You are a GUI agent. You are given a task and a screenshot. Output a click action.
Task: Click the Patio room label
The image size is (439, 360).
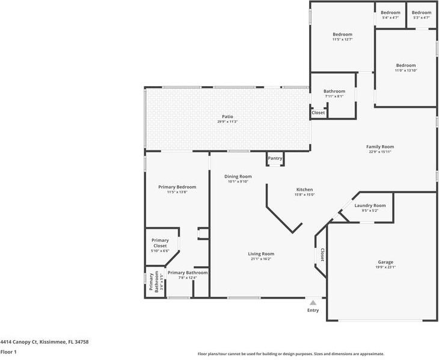click(227, 117)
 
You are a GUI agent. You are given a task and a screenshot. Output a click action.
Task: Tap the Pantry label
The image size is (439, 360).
click(275, 158)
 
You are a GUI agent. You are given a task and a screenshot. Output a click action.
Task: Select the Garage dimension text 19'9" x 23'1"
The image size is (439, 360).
click(385, 267)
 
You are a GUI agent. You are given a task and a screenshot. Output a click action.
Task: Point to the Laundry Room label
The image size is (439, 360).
click(370, 205)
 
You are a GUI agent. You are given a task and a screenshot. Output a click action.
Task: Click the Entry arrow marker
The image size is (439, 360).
click(313, 302)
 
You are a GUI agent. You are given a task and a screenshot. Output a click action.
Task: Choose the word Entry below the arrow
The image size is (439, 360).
click(313, 310)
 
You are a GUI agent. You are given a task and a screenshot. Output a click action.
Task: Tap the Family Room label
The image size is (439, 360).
click(380, 146)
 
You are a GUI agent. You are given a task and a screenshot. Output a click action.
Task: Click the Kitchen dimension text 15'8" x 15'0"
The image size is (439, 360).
click(304, 194)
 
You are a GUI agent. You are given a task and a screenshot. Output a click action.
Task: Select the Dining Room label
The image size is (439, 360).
click(236, 176)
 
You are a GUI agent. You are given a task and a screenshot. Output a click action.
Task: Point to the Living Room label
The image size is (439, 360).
click(261, 253)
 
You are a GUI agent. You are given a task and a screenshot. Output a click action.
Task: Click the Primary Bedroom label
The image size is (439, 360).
click(177, 187)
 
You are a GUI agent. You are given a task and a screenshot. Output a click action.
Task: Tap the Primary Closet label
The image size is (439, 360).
click(160, 243)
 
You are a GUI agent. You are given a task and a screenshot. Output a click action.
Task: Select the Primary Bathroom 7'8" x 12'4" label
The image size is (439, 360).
click(187, 273)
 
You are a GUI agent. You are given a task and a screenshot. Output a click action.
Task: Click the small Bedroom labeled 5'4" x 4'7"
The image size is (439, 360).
click(390, 13)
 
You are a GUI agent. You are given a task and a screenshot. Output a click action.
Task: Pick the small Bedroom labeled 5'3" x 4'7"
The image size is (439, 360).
click(421, 13)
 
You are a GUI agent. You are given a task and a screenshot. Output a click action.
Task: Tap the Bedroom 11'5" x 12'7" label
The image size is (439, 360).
click(342, 34)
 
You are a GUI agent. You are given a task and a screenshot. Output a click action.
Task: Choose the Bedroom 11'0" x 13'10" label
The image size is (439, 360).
click(405, 66)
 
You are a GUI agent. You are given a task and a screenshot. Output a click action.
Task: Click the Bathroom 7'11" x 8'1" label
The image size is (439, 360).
click(334, 92)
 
